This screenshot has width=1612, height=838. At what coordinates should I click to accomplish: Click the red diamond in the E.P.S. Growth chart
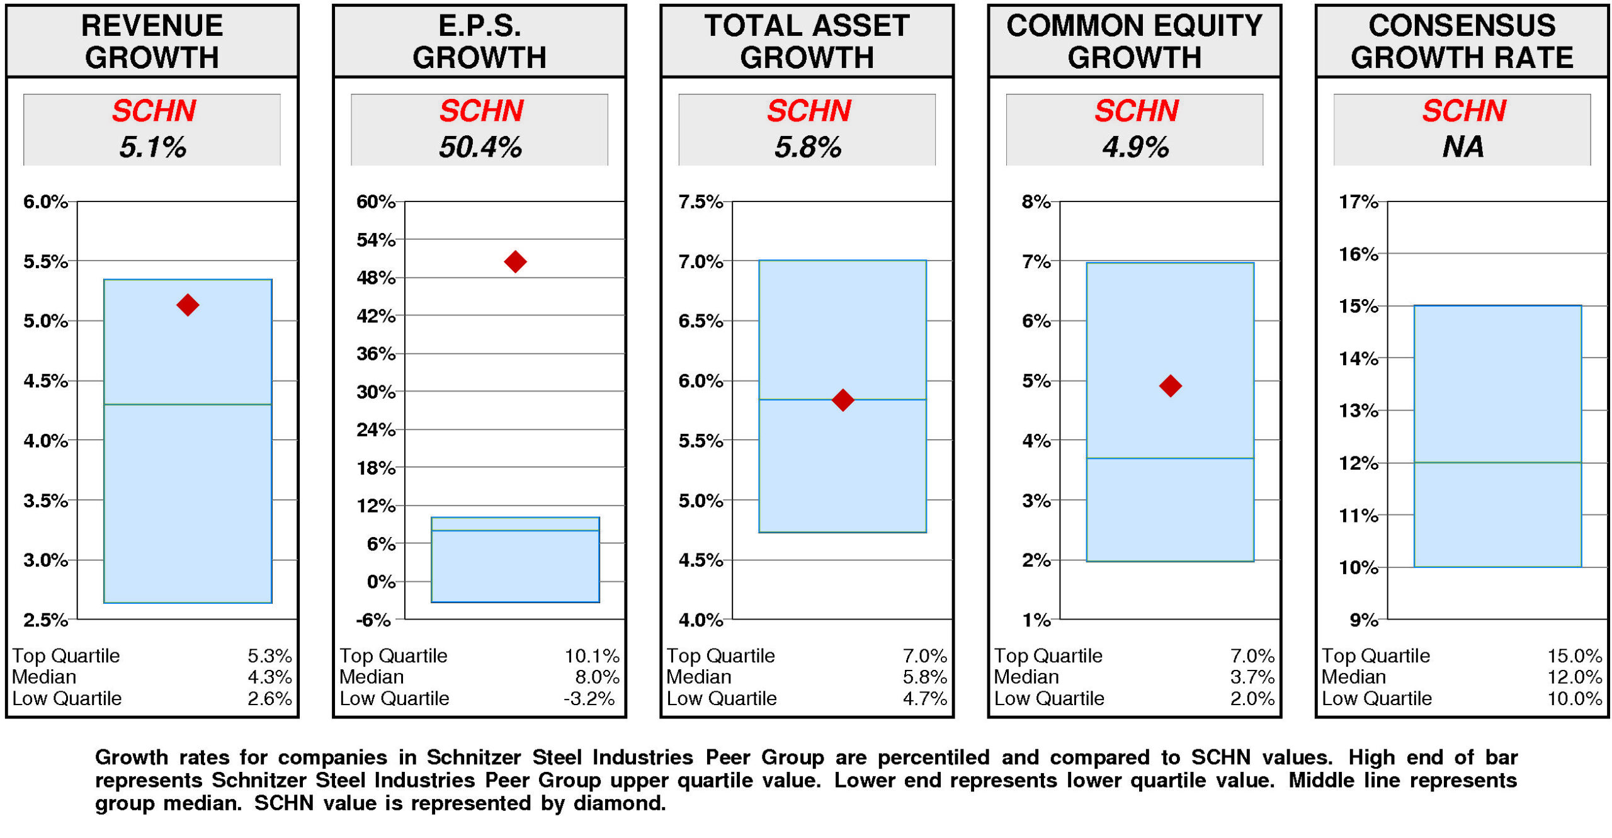(514, 261)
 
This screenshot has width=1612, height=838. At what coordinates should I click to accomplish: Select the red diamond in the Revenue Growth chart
(187, 305)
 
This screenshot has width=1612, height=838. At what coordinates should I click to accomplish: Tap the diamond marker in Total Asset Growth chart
(842, 399)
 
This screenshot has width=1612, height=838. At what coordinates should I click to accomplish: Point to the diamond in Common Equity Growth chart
(1169, 385)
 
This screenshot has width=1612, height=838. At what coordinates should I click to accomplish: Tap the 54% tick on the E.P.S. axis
(375, 240)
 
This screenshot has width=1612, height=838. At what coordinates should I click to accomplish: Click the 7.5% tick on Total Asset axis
(700, 201)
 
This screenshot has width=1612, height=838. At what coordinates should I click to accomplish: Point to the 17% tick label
(1358, 201)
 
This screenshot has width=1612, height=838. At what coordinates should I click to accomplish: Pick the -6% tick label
(373, 620)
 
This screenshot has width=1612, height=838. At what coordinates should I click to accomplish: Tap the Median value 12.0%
(1574, 677)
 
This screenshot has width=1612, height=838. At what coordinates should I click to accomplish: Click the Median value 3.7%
(1251, 677)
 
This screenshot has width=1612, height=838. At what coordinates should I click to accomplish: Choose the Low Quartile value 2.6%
(269, 698)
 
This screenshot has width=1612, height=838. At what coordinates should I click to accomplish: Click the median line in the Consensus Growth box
(1497, 462)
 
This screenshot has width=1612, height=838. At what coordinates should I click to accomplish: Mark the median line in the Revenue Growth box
(187, 404)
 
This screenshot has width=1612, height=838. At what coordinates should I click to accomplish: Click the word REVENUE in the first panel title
(152, 26)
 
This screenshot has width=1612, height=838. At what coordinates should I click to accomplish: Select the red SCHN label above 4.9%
(1135, 111)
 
